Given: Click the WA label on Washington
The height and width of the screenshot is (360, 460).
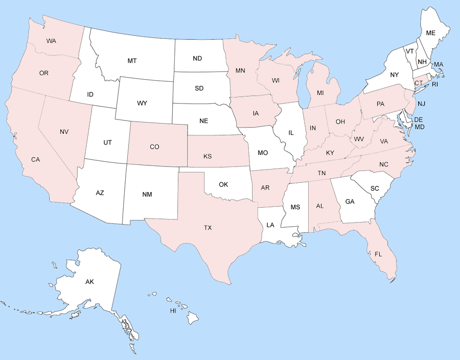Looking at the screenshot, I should pos(51,40).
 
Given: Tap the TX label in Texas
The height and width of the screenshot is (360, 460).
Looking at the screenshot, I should pos(208,228).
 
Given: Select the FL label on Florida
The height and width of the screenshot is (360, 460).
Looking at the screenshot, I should pos(378,254).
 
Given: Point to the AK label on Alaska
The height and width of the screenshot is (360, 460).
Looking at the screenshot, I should pos(90,281).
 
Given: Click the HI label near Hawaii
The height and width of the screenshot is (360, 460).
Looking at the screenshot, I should pos(173,310).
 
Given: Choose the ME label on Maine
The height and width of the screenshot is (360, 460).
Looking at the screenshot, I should pos(431,33).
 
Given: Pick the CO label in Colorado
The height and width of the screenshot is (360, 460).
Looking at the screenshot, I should pos(154,147).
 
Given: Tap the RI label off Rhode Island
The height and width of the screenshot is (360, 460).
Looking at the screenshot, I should pos(435,84).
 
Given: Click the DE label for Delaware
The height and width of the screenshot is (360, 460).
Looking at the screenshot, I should pos(418,119).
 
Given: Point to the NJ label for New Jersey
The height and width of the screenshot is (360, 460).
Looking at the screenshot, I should pos(421,104).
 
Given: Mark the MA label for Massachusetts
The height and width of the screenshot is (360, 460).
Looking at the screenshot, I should pos(439,64).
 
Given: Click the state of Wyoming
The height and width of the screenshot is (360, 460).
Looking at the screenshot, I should pos(142,103).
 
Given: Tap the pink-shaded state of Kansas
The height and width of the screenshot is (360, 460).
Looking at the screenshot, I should pos(207,156).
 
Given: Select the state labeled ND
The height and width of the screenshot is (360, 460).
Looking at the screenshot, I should pos(197,58).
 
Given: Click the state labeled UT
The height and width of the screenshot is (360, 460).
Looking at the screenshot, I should pos(107,142).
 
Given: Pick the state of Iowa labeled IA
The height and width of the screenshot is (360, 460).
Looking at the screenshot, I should pos(255,113).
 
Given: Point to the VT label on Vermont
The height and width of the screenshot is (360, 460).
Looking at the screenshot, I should pos(410,51).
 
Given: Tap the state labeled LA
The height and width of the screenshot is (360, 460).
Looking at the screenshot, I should pos(270,225).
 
